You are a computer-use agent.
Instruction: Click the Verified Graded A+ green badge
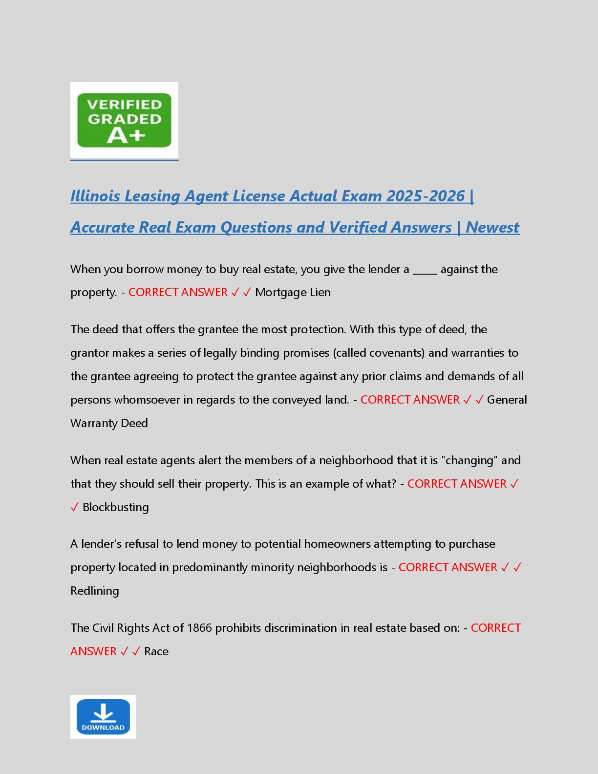pos(124,120)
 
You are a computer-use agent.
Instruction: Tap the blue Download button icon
pos(103,716)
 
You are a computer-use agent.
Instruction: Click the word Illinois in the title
pos(95,196)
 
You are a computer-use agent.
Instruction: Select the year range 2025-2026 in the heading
pos(425,196)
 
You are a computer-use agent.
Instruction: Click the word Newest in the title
pos(492,227)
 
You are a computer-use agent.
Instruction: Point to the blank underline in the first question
pos(425,270)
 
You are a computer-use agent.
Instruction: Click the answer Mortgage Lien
pos(293,292)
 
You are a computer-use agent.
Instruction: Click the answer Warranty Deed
pos(109,423)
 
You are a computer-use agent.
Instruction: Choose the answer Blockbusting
pos(116,507)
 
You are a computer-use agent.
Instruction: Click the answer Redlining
pos(95,591)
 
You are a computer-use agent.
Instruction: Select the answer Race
pos(156,651)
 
